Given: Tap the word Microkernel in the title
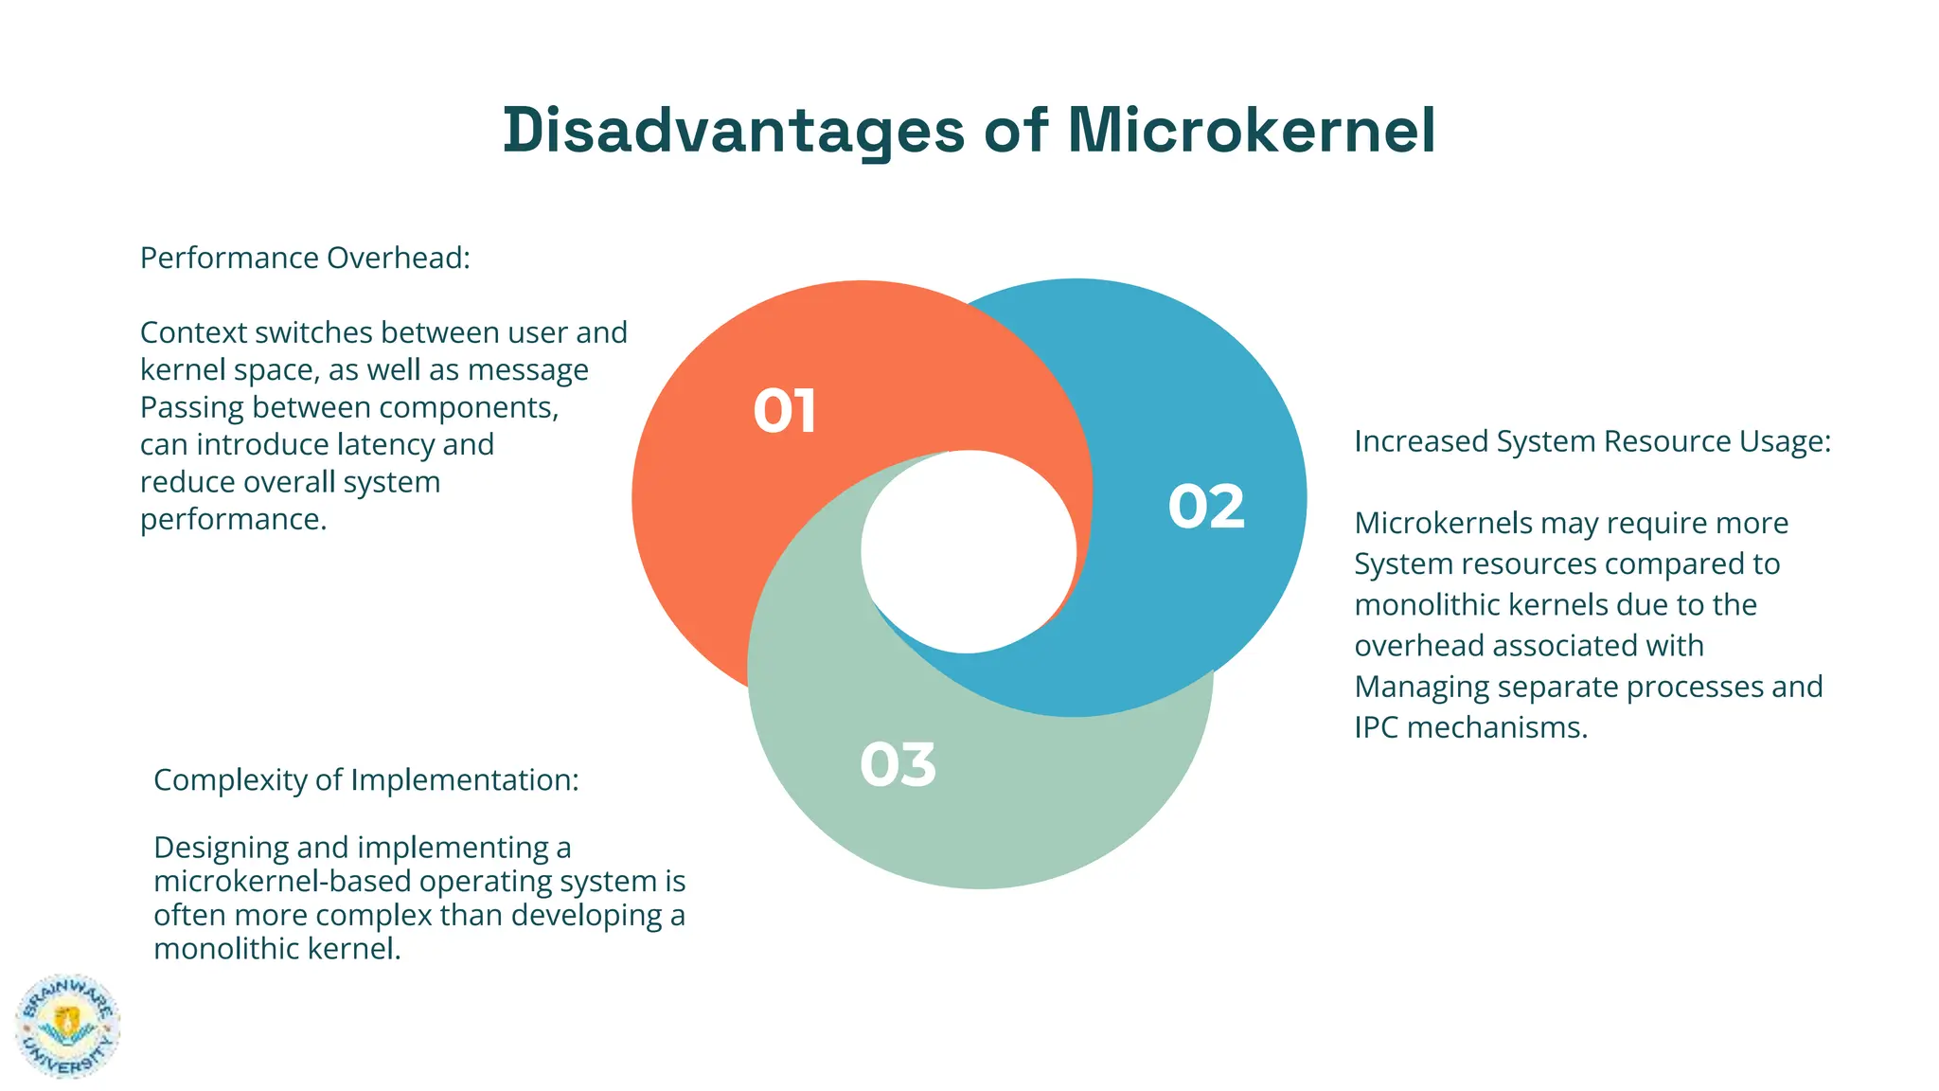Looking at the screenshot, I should pyautogui.click(x=1252, y=130).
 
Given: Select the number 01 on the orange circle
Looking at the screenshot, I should pyautogui.click(x=785, y=412).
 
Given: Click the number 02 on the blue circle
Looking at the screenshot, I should pyautogui.click(x=1206, y=507).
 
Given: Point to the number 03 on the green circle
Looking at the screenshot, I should pyautogui.click(x=898, y=765).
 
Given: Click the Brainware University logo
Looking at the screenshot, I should pyautogui.click(x=68, y=1027).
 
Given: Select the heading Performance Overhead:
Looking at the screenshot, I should pyautogui.click(x=305, y=258).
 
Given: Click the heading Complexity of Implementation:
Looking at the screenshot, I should pyautogui.click(x=365, y=779).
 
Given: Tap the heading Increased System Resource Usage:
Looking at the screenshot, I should pyautogui.click(x=1592, y=441).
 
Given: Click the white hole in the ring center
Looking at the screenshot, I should pyautogui.click(x=968, y=552).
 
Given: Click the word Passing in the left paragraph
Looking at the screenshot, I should pyautogui.click(x=192, y=407).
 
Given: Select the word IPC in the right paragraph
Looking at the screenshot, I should pyautogui.click(x=1377, y=727).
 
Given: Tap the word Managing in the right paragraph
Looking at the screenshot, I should pyautogui.click(x=1416, y=687).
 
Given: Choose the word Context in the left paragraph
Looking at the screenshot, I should pyautogui.click(x=193, y=332).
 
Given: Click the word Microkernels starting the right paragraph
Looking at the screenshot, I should pyautogui.click(x=1443, y=523).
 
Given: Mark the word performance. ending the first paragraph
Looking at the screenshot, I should pyautogui.click(x=233, y=519).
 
